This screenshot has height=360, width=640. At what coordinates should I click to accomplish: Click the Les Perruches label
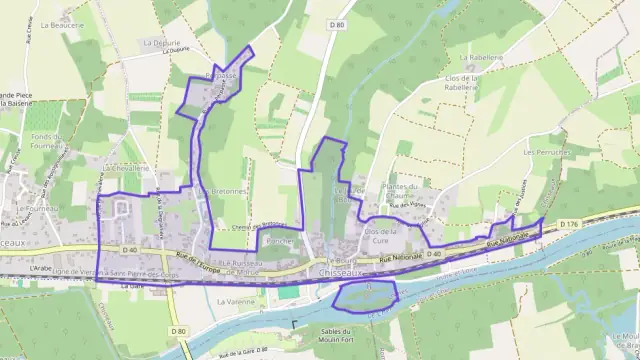545,152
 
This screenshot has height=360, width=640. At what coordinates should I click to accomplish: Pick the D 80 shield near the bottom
178,331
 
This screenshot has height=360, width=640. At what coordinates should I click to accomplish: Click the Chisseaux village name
330,271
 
